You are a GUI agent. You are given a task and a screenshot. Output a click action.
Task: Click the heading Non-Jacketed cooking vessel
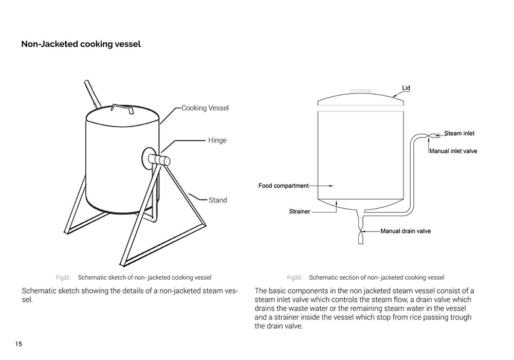(81, 44)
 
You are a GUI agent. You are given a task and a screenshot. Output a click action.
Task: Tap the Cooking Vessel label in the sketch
(205, 108)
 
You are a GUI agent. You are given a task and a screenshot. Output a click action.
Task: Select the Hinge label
(217, 140)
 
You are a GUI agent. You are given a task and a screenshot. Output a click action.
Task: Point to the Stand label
(217, 200)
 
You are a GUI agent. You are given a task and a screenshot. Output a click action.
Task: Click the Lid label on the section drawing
(406, 88)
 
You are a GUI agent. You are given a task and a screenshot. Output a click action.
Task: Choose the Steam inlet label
(459, 134)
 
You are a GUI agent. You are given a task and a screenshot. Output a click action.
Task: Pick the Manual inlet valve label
(453, 151)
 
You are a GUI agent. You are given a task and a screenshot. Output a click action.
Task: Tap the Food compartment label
(283, 186)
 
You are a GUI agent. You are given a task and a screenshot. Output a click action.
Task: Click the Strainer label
(300, 211)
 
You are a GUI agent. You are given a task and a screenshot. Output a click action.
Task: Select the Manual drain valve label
(406, 231)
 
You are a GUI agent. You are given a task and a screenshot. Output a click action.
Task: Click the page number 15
(19, 344)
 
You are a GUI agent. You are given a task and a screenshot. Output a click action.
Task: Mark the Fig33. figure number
(294, 278)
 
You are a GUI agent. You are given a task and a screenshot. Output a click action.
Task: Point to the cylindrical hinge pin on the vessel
(160, 160)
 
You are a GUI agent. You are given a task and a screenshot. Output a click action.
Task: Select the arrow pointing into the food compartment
(326, 186)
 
